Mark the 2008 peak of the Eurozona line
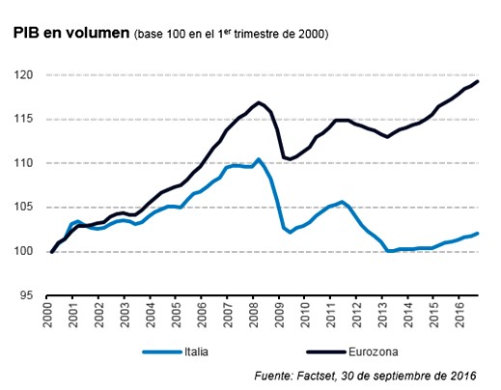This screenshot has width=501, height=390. (x=258, y=102)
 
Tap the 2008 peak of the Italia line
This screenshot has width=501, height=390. (x=258, y=159)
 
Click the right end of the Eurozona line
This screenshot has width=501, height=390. (x=480, y=81)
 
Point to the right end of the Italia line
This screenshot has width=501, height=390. (x=480, y=233)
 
